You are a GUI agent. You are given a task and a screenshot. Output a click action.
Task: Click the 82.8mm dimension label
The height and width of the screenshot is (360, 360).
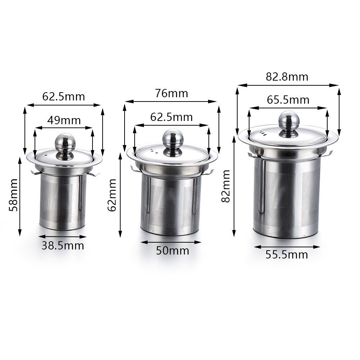[x=287, y=77]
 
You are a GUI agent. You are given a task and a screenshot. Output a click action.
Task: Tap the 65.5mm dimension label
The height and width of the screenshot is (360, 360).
[x=288, y=99]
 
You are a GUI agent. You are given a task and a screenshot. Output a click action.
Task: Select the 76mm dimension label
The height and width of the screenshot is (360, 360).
[x=171, y=93]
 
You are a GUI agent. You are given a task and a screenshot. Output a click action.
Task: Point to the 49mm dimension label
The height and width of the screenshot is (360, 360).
[x=64, y=120]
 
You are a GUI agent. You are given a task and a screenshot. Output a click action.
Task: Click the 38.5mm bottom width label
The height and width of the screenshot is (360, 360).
[x=63, y=246]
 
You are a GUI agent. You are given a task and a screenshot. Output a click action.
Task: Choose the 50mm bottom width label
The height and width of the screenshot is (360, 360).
[x=172, y=251]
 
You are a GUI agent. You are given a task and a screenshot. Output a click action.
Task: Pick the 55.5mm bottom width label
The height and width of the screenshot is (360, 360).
[x=287, y=255]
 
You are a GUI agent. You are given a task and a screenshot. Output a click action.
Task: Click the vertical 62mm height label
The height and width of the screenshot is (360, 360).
[x=113, y=195]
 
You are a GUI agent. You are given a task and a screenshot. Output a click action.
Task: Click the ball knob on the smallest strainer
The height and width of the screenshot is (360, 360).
[x=64, y=142]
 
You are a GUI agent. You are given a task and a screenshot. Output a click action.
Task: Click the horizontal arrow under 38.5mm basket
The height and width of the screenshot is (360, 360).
[x=63, y=237]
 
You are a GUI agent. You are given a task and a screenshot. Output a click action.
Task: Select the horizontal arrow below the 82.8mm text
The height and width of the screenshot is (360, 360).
[x=288, y=85]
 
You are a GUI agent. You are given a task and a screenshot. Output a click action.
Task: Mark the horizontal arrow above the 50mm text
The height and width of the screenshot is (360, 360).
[x=171, y=242]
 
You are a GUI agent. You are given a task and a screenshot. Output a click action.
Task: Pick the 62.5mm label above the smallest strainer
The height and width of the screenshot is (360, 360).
[x=64, y=96]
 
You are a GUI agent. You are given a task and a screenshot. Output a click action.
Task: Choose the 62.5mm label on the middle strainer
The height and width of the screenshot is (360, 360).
[x=171, y=117]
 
